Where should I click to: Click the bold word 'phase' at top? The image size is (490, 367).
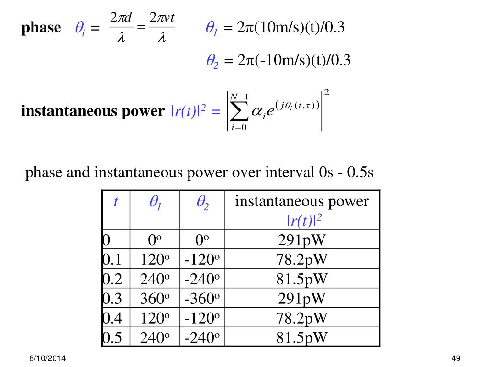pyautogui.click(x=41, y=28)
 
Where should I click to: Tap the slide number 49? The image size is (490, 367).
pyautogui.click(x=455, y=359)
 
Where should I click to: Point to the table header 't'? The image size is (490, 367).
pyautogui.click(x=115, y=202)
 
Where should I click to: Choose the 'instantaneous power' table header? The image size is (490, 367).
pyautogui.click(x=302, y=202)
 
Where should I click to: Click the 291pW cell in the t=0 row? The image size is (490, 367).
pyautogui.click(x=302, y=240)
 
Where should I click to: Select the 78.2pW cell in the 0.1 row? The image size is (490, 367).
pyautogui.click(x=302, y=259)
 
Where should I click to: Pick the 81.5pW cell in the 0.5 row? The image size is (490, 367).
pyautogui.click(x=302, y=338)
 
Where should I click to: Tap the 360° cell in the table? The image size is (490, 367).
pyautogui.click(x=155, y=299)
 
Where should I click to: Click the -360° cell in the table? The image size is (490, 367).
pyautogui.click(x=201, y=299)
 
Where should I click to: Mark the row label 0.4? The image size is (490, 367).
pyautogui.click(x=112, y=318)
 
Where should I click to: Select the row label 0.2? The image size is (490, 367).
pyautogui.click(x=112, y=279)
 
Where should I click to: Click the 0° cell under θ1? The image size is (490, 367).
pyautogui.click(x=155, y=240)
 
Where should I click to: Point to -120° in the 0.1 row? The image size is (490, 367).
pyautogui.click(x=201, y=259)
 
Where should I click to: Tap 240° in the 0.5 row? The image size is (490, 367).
pyautogui.click(x=155, y=338)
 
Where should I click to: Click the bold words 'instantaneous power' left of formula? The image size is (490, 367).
pyautogui.click(x=92, y=111)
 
